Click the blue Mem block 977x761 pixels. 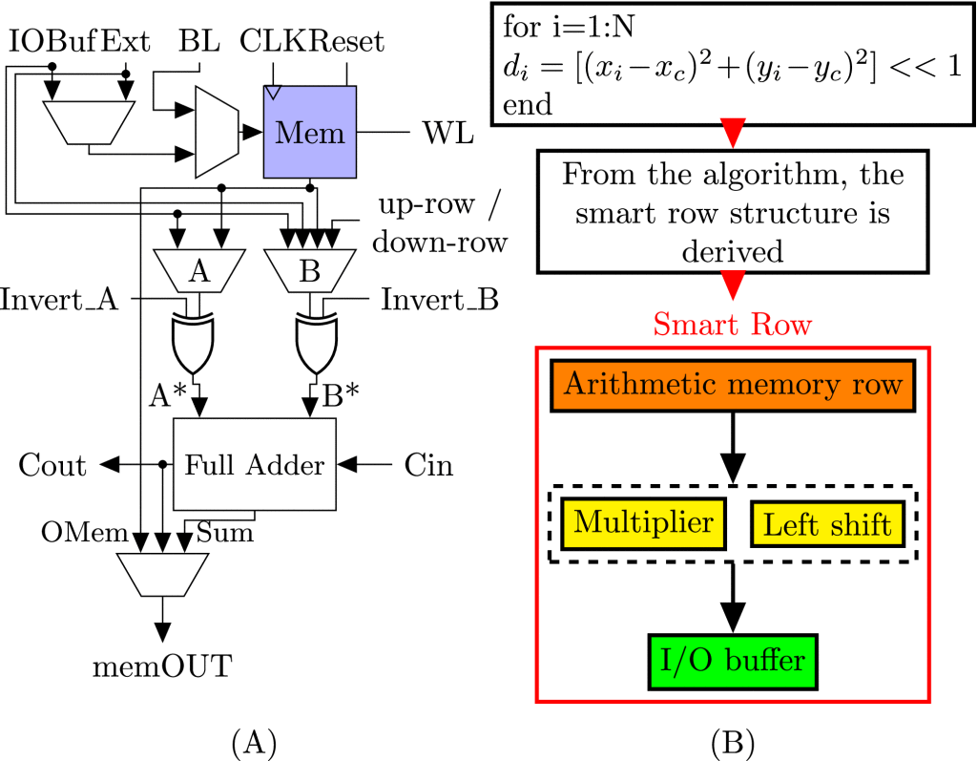pos(309,132)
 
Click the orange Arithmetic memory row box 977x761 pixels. pos(733,385)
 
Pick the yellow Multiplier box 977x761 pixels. pos(644,522)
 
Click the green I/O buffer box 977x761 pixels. pos(733,660)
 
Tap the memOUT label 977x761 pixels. pos(163,666)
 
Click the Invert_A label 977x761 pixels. pos(59,300)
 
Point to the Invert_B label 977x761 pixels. pos(440,300)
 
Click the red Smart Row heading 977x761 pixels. pos(733,325)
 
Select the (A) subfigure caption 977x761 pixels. pos(254,740)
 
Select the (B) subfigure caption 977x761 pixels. pos(731,740)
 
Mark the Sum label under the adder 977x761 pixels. pos(225,531)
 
